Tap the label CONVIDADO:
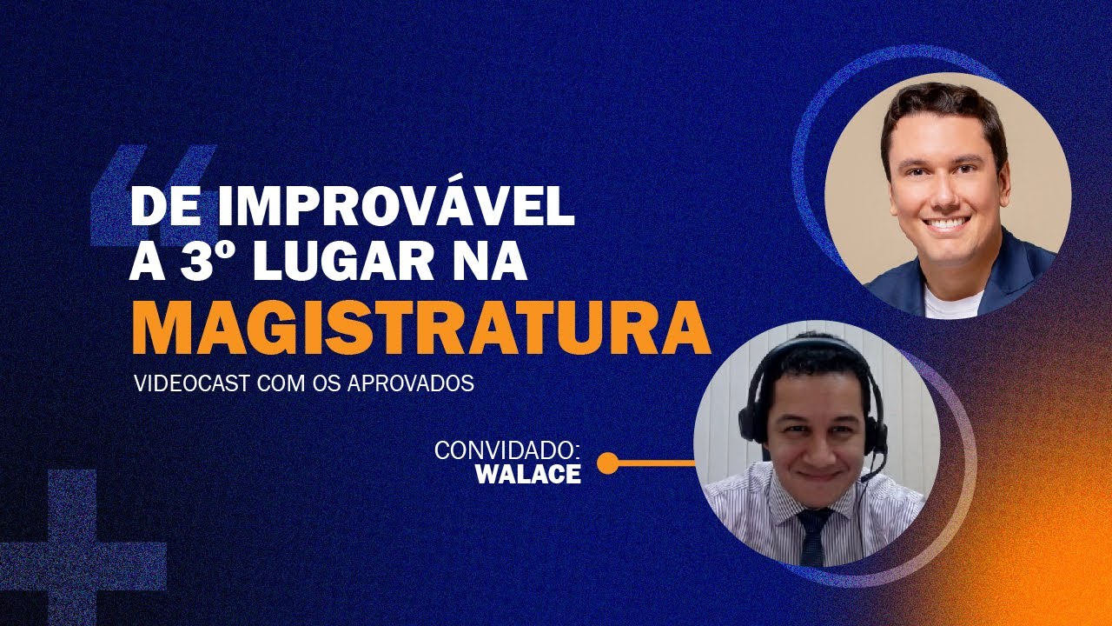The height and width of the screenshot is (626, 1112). (x=506, y=451)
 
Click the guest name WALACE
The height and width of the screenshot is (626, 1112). (x=528, y=476)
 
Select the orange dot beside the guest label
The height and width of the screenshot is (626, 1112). (x=608, y=463)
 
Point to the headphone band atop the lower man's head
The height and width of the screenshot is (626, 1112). (x=812, y=343)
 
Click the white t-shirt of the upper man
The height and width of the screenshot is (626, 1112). (x=952, y=303)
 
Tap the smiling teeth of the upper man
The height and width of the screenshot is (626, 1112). (x=947, y=223)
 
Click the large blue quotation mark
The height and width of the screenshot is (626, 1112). (x=152, y=191)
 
